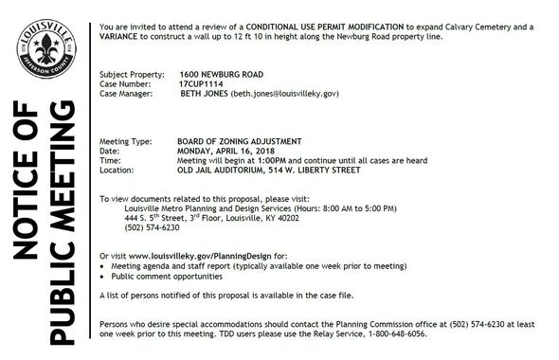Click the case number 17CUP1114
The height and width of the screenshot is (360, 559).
(202, 83)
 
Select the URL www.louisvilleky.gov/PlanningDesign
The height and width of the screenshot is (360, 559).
(197, 257)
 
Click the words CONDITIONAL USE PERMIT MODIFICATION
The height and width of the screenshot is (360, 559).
(325, 26)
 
